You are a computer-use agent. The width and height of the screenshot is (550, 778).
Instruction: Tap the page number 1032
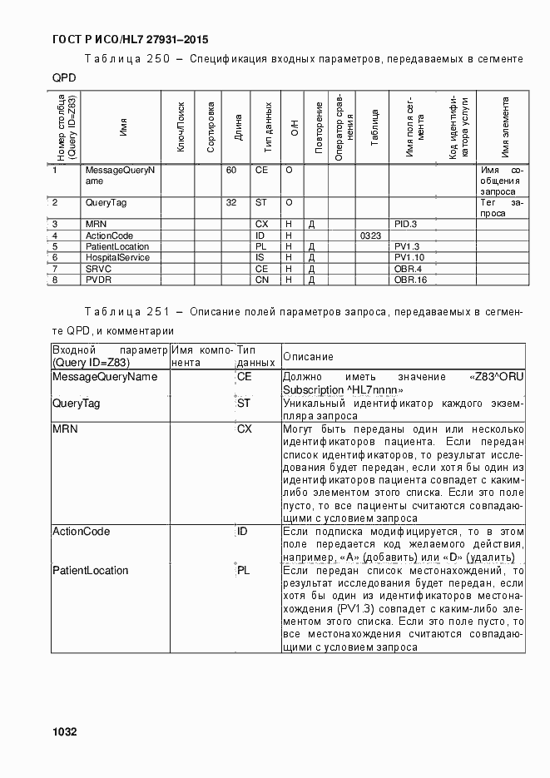(64, 732)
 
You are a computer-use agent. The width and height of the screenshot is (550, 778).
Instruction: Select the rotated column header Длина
(238, 129)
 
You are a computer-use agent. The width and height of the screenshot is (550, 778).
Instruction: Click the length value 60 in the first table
(231, 170)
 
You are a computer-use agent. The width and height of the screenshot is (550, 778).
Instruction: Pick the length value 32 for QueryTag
(231, 202)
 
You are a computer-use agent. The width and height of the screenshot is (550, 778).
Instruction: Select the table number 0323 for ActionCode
(370, 235)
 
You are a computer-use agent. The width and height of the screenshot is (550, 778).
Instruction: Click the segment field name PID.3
(405, 225)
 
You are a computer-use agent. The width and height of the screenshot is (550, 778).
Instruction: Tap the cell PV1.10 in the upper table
(409, 257)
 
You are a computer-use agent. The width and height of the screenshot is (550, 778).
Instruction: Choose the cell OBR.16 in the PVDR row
(409, 279)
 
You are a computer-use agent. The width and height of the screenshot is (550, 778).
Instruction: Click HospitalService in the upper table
(116, 257)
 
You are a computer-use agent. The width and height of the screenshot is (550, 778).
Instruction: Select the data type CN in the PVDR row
(260, 279)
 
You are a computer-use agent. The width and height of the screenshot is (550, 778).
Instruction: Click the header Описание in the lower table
(308, 357)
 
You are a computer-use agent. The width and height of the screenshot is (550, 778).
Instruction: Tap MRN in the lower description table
(65, 429)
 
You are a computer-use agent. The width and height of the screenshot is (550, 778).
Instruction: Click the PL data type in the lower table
(244, 571)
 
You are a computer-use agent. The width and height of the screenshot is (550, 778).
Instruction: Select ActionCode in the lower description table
(81, 531)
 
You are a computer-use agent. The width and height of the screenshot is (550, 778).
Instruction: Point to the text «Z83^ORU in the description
(496, 377)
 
